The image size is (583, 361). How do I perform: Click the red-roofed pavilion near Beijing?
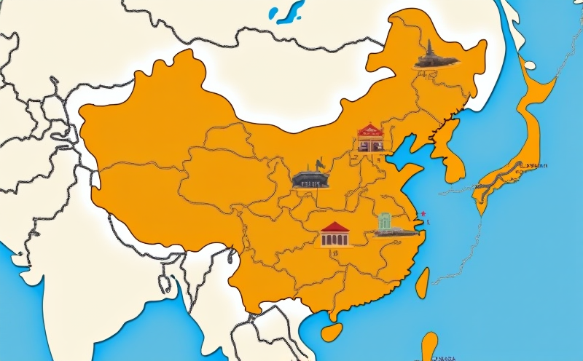370,138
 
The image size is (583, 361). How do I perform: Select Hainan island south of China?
332,331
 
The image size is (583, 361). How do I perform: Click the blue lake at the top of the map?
289,11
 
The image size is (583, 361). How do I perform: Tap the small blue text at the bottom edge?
440,357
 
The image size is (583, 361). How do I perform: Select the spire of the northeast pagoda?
429,44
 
